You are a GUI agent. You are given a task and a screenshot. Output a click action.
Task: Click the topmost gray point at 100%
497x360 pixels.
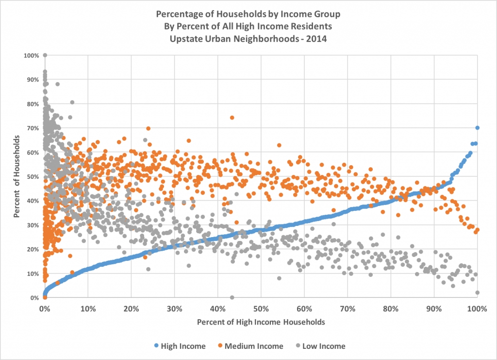45,55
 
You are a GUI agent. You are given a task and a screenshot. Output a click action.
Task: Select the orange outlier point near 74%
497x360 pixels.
232,118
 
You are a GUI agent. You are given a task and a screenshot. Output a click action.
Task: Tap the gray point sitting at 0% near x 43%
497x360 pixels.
232,297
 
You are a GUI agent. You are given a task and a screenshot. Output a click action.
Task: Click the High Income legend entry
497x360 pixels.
179,346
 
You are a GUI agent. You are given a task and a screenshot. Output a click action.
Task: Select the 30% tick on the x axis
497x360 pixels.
174,308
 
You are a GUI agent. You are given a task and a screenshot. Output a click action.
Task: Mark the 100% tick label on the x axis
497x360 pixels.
477,308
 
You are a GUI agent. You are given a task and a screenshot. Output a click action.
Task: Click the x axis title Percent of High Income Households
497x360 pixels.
261,322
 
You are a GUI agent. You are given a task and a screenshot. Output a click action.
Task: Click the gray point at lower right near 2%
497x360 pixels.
478,292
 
